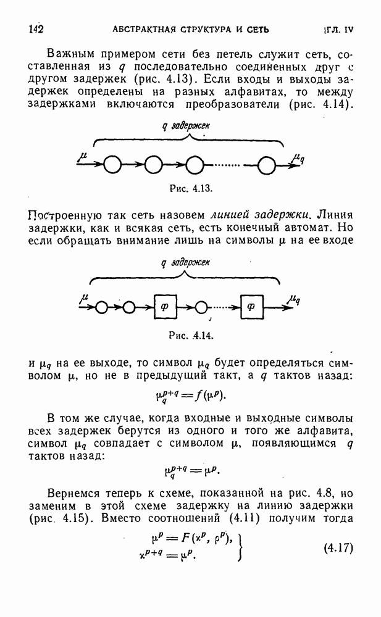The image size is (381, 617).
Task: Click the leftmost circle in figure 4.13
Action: pos(112,165)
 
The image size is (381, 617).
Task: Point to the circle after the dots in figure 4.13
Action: pos(267,165)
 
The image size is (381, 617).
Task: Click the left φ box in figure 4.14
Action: pos(164,305)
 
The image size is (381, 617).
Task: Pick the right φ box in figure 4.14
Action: pos(250,305)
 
